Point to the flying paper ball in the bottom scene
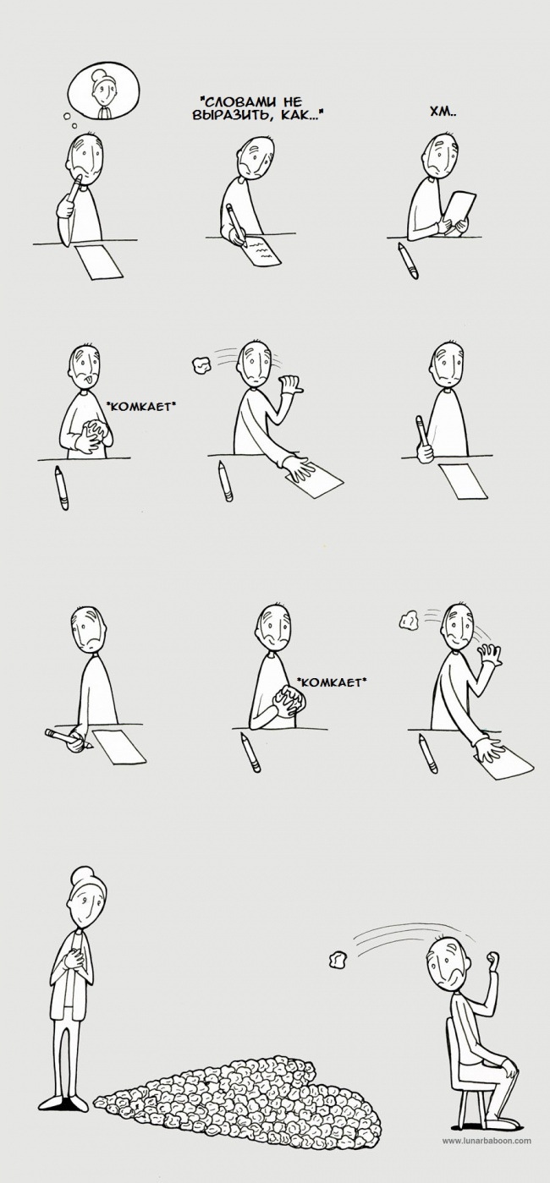click(338, 959)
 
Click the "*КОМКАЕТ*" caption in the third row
click(331, 682)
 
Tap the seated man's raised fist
click(493, 957)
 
